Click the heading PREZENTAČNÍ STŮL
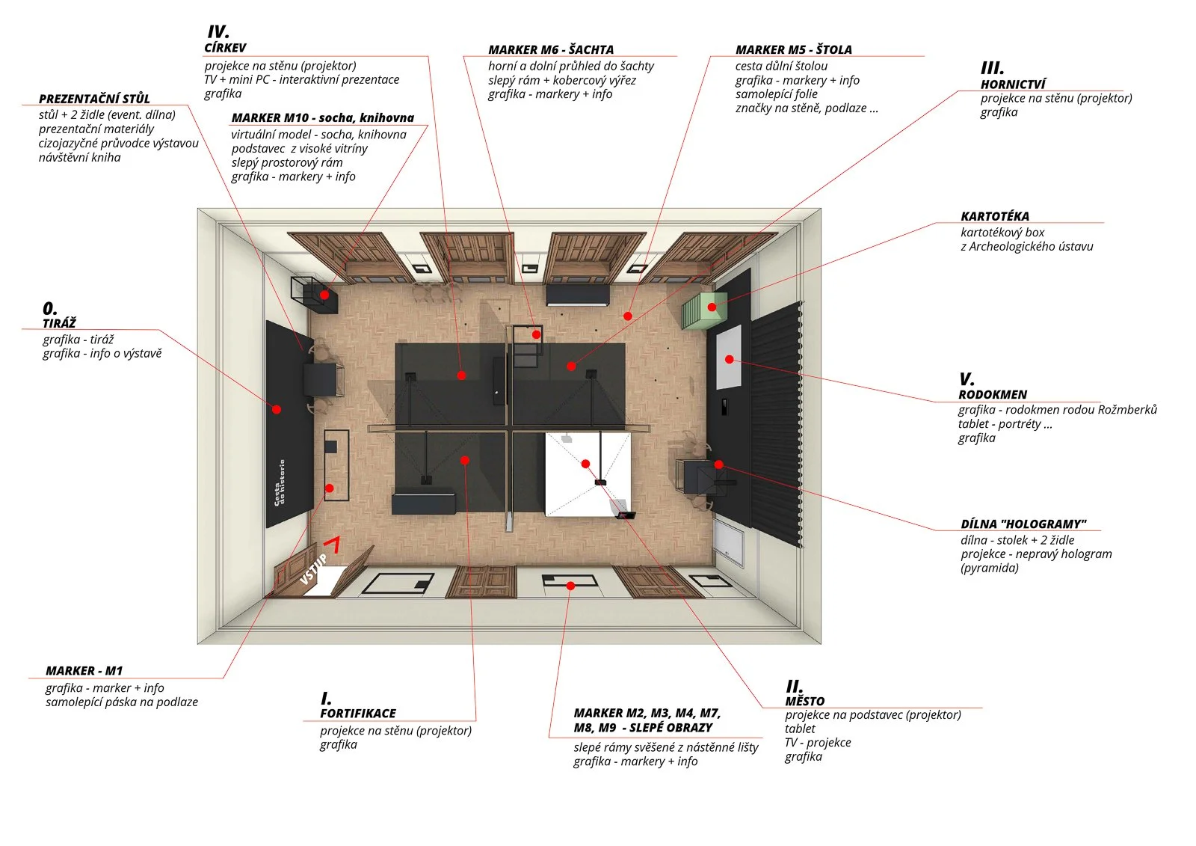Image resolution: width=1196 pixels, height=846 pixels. point(94,99)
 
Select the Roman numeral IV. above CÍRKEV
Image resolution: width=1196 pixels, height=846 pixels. point(218,32)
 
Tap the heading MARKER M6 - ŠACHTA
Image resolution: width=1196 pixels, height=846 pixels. point(551,49)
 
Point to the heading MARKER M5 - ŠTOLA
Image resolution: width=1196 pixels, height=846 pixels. point(793,49)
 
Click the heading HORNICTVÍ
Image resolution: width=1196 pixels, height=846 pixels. point(1013,84)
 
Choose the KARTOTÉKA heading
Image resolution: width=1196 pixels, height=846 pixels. point(994,216)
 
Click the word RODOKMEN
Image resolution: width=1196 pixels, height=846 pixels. point(993,394)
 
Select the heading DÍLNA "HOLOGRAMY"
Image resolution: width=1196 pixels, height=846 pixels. point(1023,524)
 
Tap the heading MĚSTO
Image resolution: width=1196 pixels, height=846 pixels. point(804,701)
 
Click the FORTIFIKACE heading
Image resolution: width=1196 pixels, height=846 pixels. point(357,714)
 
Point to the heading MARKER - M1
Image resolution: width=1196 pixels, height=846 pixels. point(84,671)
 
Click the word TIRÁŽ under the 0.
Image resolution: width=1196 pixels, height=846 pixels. point(59,323)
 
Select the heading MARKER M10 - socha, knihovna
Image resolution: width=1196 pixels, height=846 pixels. point(322,117)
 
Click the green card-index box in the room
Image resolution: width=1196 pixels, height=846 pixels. point(703,310)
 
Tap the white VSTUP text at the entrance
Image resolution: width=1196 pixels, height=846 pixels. point(313,569)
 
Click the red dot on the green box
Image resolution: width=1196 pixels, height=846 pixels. point(712,307)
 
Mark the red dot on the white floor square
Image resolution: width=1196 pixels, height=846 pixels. point(585,464)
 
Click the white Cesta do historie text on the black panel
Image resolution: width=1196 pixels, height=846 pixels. point(280,482)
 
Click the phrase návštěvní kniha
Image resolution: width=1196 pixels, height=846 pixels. point(79,157)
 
